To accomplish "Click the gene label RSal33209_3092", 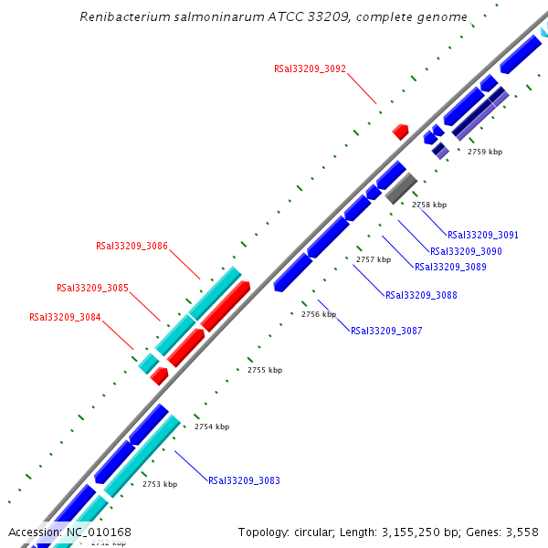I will click(x=310, y=68).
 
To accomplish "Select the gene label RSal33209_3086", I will click(x=132, y=246).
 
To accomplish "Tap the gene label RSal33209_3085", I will click(x=92, y=288).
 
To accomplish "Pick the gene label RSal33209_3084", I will click(x=65, y=318).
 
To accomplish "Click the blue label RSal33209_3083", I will click(x=244, y=480).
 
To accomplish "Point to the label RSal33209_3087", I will click(x=386, y=331).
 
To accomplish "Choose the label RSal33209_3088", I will click(x=421, y=295).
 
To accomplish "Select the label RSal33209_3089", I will click(x=450, y=268).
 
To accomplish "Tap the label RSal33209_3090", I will click(x=466, y=251).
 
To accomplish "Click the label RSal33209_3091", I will click(x=483, y=235).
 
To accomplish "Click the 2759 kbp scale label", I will click(x=485, y=152).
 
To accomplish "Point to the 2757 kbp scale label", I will click(x=374, y=259).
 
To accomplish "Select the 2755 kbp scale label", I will click(x=265, y=370).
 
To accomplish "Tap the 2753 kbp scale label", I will click(x=160, y=484).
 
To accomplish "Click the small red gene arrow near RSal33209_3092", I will click(x=400, y=132).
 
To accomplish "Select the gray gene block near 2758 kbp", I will click(x=401, y=188).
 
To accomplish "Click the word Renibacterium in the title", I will click(x=119, y=17).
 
